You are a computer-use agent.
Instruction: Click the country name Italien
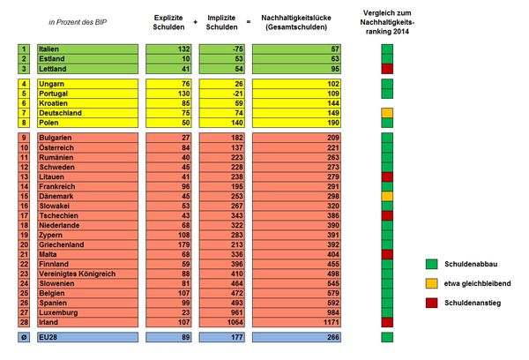click(53, 49)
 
